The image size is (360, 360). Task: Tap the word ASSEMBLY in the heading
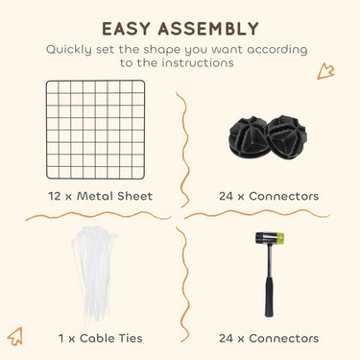pyautogui.click(x=208, y=29)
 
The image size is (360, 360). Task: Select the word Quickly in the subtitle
pyautogui.click(x=69, y=50)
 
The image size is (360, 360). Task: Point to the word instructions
pyautogui.click(x=198, y=62)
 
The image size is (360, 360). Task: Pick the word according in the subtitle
pyautogui.click(x=277, y=50)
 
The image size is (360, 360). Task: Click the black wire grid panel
pyautogui.click(x=95, y=130)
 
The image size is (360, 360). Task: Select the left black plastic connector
pyautogui.click(x=249, y=137)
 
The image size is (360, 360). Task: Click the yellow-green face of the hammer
pyautogui.click(x=279, y=238)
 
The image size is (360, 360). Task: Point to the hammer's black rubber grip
pyautogui.click(x=269, y=297)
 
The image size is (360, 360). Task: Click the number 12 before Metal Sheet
pyautogui.click(x=55, y=196)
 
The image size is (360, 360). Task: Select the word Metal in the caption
pyautogui.click(x=95, y=196)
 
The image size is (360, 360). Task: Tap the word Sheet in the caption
pyautogui.click(x=134, y=196)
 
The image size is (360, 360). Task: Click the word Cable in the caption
pyautogui.click(x=95, y=338)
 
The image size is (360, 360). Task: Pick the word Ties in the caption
pyautogui.click(x=129, y=338)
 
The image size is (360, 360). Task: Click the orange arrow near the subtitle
pyautogui.click(x=325, y=71)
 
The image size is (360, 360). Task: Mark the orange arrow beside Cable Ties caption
pyautogui.click(x=15, y=336)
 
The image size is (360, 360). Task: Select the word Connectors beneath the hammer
pyautogui.click(x=283, y=338)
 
